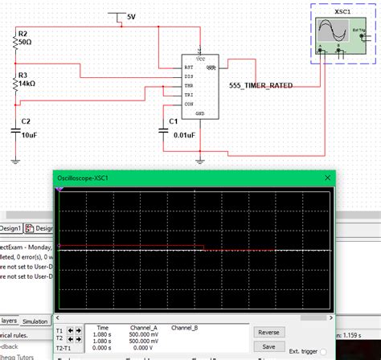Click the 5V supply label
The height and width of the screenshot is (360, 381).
pyautogui.click(x=132, y=16)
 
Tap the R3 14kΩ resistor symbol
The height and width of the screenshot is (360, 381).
pyautogui.click(x=15, y=81)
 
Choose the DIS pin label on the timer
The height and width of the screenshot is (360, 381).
pyautogui.click(x=189, y=75)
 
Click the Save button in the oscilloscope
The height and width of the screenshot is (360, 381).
pyautogui.click(x=268, y=346)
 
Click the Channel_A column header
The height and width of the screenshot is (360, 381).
pyautogui.click(x=145, y=328)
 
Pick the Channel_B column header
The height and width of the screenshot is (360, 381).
pyautogui.click(x=186, y=328)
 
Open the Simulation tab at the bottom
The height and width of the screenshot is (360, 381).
pyautogui.click(x=35, y=321)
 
